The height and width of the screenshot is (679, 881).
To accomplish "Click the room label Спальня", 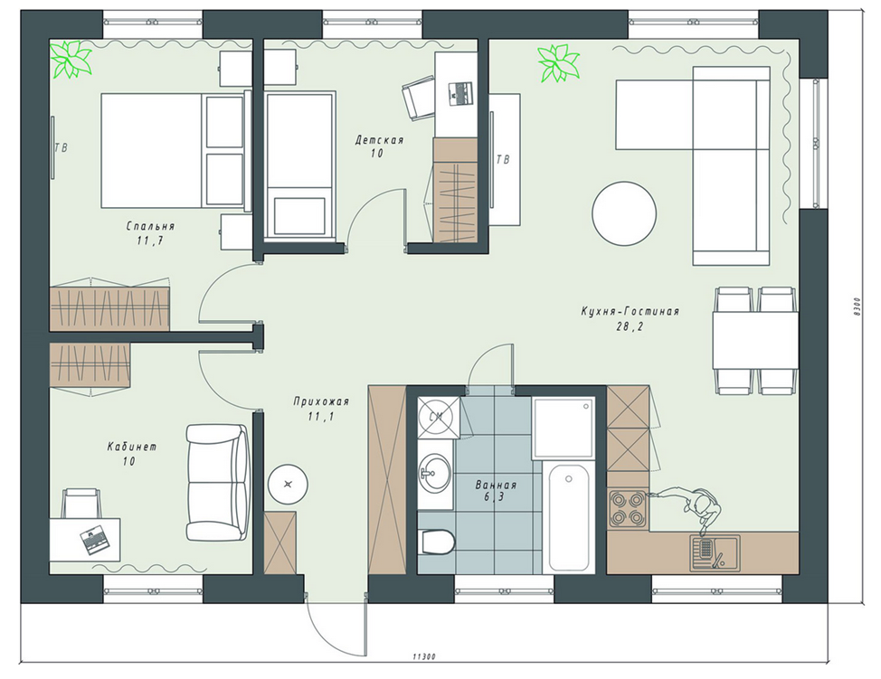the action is [150, 226].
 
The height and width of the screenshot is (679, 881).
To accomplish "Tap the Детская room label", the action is [379, 140].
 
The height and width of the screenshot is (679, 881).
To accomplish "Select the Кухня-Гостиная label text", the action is [630, 311].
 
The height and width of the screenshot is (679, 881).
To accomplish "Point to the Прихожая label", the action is [321, 401].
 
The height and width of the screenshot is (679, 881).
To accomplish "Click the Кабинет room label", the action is [132, 447].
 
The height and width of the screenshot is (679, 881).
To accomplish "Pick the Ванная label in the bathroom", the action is [496, 486].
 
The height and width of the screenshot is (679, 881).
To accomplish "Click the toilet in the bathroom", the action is [436, 542].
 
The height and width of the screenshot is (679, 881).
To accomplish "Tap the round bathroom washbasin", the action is [434, 473].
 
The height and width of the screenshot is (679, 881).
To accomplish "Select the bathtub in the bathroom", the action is [569, 517].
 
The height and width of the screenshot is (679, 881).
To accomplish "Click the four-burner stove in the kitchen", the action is [628, 508].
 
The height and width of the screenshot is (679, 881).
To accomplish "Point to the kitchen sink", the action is [715, 552].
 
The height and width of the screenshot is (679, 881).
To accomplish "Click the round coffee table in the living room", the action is [624, 212].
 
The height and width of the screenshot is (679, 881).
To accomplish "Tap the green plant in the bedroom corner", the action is [71, 59].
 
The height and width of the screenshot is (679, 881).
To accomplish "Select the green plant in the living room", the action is [558, 63].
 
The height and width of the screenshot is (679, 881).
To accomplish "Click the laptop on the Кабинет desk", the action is [94, 540].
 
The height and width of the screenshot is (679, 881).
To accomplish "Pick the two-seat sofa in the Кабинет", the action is [217, 483].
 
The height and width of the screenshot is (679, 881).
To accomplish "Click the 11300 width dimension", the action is [424, 656].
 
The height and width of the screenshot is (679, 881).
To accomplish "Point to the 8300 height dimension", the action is [856, 306].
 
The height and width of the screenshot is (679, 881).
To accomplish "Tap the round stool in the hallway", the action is [289, 485].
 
